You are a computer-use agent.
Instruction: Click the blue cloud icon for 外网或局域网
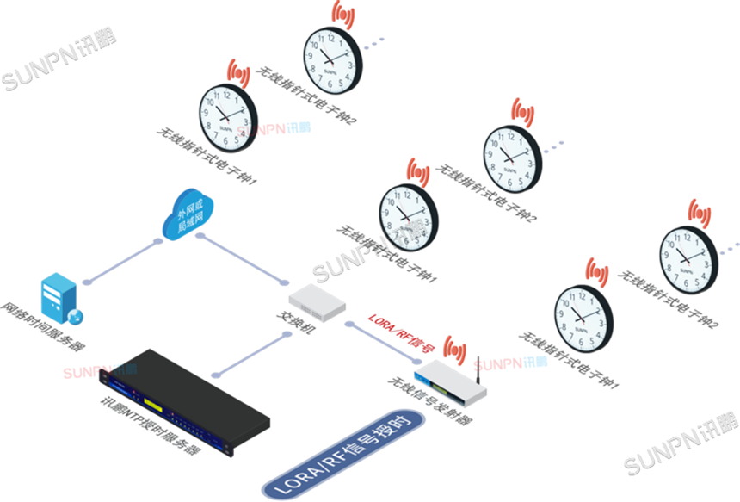pos(190,214)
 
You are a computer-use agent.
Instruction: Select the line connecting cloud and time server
pos(121,261)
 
